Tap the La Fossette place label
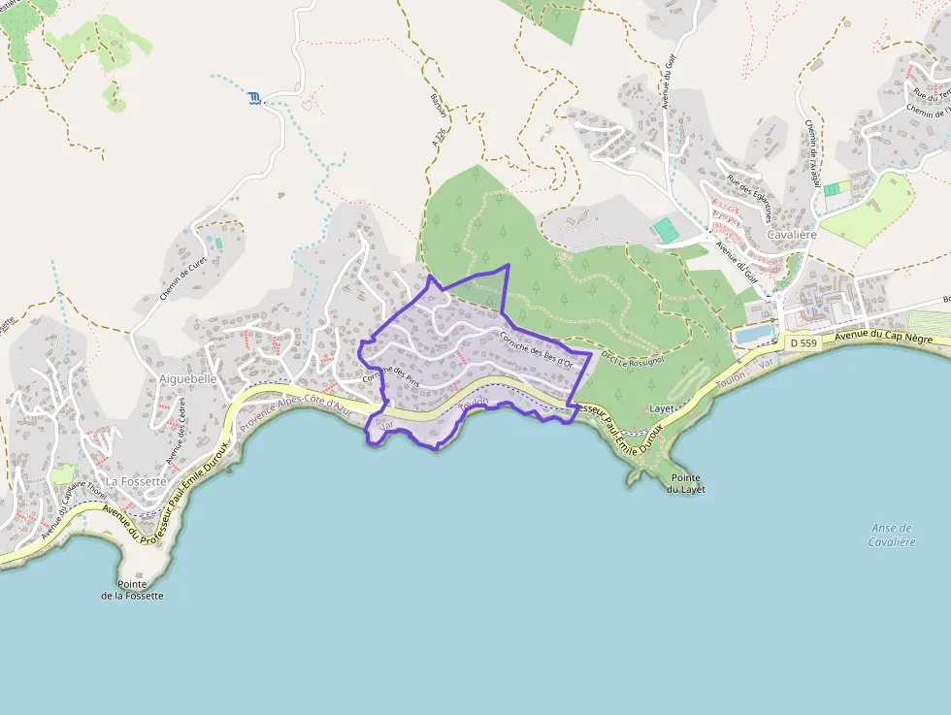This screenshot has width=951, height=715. pos(137,480)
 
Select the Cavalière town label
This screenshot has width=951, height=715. pos(791,236)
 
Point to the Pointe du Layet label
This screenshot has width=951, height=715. pos(685,484)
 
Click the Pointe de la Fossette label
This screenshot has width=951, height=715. pos(133,589)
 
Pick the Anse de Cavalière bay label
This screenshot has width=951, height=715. pos(892,535)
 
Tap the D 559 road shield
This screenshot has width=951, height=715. pos(803,342)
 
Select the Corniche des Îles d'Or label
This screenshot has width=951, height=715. pos(543,349)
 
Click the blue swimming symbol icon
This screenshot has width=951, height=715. pos(254,98)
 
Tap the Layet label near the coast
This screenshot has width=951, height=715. pos(662,409)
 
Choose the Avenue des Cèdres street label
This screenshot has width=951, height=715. pos(175,433)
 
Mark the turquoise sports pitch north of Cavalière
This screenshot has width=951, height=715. pos(666,230)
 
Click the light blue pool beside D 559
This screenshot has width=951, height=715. pos(755,334)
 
